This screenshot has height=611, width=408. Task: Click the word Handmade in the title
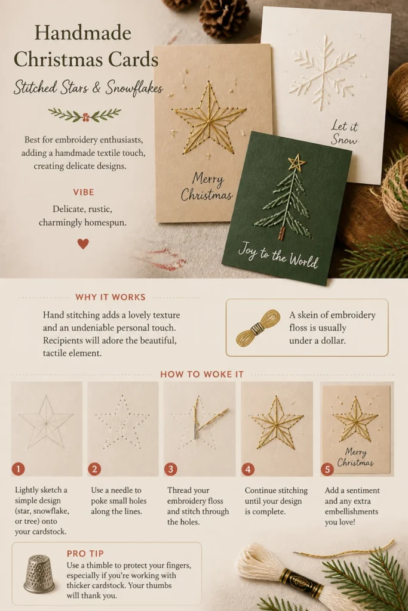82,33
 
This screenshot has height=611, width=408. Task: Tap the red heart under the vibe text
83,244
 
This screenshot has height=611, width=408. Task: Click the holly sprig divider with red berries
84,115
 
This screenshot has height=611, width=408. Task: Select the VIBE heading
84,192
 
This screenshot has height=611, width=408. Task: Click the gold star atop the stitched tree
297,162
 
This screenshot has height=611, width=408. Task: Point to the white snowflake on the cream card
323,72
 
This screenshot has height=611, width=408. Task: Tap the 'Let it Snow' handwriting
345,132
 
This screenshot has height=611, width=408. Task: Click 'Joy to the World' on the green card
278,255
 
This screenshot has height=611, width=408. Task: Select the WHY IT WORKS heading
111,297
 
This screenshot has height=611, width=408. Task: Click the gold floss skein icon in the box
258,328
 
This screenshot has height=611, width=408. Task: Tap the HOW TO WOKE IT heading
202,375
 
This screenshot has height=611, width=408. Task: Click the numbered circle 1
19,469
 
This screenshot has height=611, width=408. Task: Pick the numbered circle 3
170,469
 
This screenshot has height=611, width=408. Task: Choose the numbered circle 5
327,470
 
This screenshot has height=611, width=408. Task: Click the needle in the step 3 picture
196,418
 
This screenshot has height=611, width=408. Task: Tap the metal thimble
39,575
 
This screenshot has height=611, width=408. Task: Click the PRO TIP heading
85,554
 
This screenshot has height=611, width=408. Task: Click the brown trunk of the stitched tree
281,233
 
